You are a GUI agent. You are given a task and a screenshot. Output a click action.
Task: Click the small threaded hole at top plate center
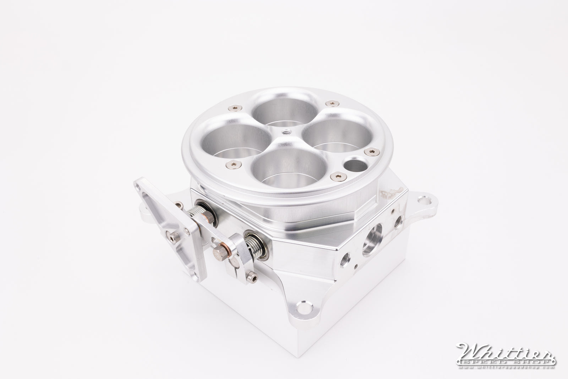pos(285,132)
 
